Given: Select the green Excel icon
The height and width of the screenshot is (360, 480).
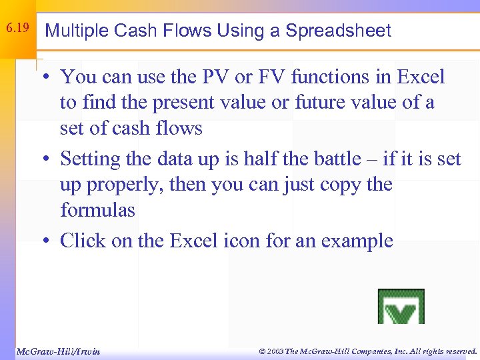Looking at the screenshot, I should [401, 307].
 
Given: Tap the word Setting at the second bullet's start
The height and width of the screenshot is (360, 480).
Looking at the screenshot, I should [91, 160].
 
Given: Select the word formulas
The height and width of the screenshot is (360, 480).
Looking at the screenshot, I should [97, 210].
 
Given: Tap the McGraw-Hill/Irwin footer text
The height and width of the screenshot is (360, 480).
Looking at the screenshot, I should [57, 351].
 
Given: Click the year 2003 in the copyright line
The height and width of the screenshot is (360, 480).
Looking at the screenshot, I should [273, 351].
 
